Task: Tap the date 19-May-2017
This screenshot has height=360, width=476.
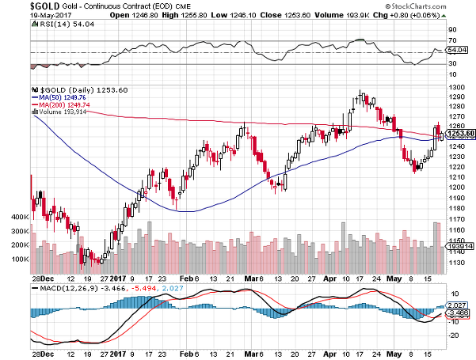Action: (29, 15)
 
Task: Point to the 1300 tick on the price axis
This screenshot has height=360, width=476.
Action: (454, 86)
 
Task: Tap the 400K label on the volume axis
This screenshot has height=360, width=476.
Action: (17, 216)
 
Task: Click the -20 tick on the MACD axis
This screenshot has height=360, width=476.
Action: (452, 335)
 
